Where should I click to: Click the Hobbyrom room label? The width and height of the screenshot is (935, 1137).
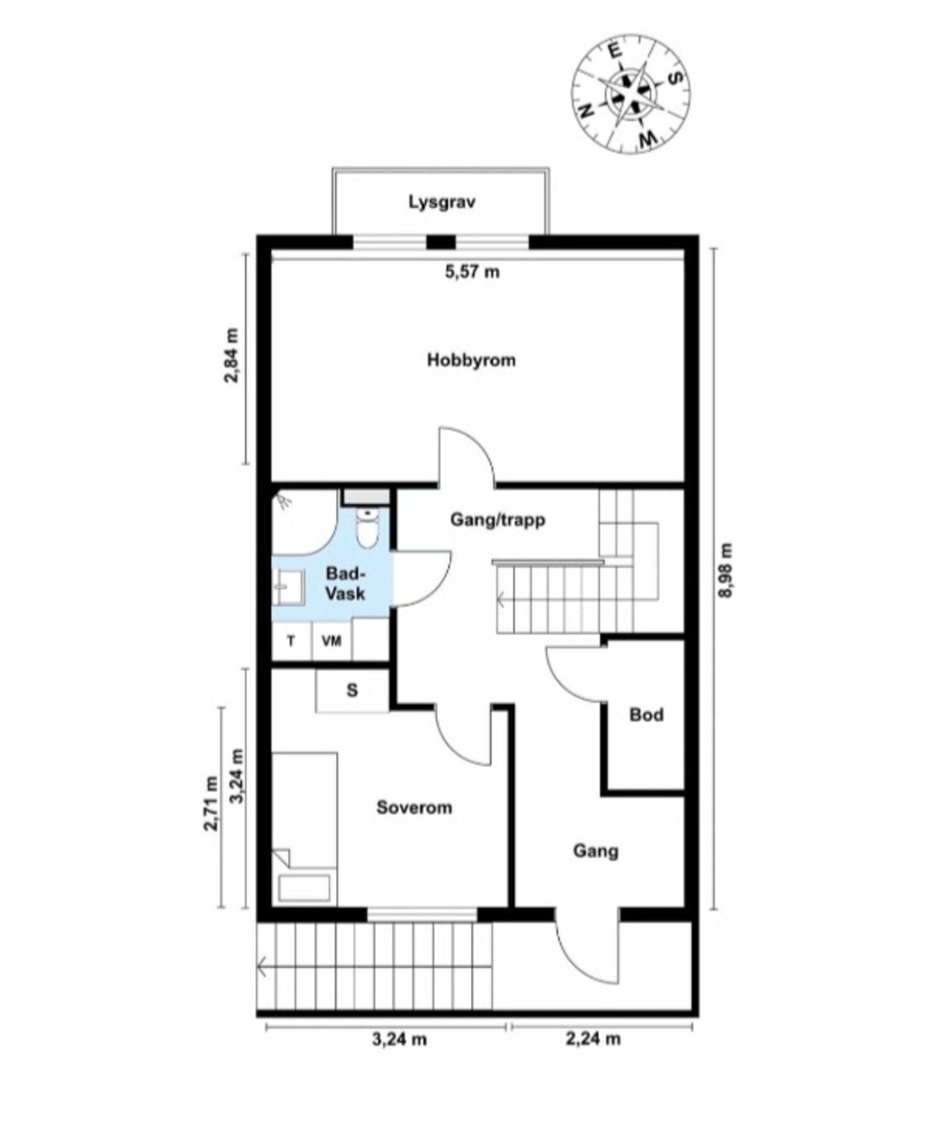471,361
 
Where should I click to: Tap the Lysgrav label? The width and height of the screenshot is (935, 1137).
441,203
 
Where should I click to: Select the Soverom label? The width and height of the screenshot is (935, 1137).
414,807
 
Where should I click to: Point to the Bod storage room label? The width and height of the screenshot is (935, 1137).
646,715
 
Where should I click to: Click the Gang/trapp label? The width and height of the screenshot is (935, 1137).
497,520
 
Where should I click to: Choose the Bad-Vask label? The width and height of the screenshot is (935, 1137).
345,584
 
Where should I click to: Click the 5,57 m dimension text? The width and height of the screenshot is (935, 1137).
472,272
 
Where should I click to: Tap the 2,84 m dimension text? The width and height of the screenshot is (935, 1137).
232,355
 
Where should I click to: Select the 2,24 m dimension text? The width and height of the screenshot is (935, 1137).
593,1038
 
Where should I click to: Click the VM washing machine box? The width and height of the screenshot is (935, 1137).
331,641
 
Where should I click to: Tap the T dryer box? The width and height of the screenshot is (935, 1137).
291,641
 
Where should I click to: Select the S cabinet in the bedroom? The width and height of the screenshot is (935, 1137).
352,690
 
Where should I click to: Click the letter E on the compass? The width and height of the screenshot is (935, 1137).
614,50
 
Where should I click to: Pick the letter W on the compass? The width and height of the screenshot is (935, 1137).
646,138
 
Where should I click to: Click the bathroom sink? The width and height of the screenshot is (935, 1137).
288,587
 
